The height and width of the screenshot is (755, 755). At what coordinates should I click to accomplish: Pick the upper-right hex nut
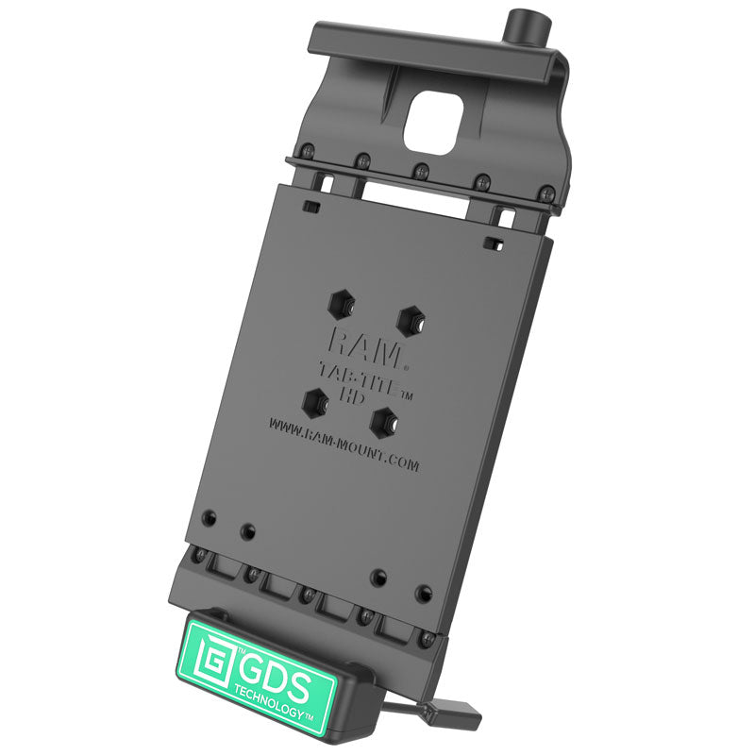(409, 319)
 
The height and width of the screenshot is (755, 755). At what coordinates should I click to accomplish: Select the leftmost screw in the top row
(308, 148)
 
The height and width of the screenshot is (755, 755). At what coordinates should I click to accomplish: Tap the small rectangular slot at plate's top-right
(491, 243)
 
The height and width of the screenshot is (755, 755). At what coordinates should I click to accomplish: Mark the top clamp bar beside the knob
(406, 43)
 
